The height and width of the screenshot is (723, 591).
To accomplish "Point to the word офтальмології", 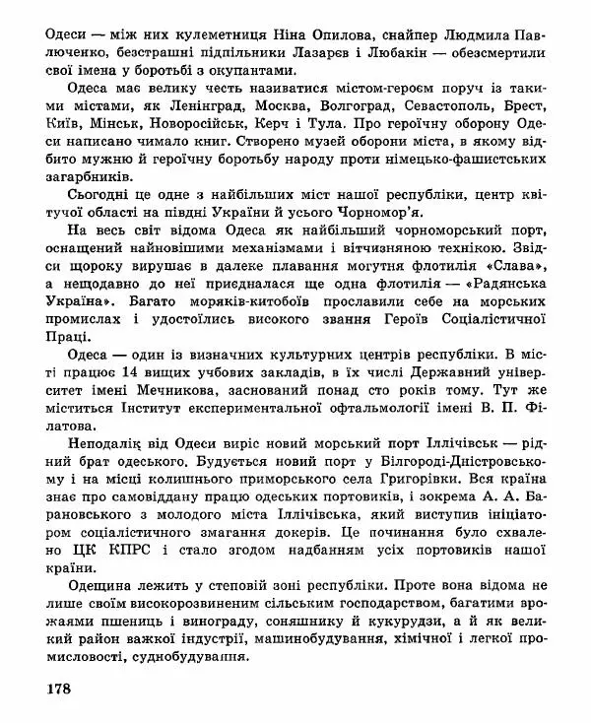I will (403, 411).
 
